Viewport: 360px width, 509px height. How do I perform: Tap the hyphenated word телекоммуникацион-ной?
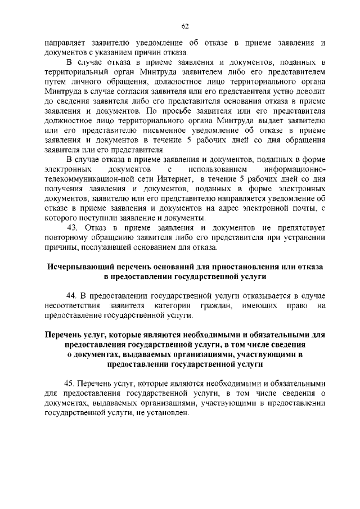tap(87, 178)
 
